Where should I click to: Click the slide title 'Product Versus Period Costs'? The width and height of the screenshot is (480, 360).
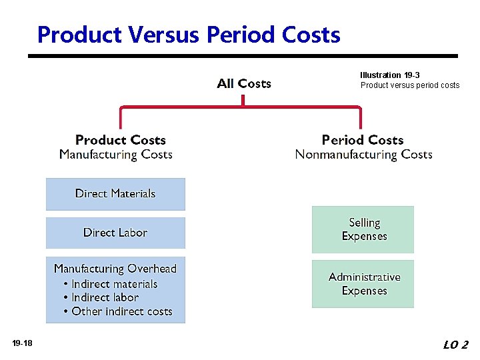189,34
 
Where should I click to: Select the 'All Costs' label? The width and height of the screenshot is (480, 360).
244,83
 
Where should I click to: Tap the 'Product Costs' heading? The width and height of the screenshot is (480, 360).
121,140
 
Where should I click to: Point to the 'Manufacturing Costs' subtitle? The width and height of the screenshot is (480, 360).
116,155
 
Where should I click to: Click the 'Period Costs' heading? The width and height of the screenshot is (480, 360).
363,140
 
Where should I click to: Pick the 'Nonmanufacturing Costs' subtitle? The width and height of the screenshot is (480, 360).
364,155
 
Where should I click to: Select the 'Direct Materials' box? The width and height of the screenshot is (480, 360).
115,194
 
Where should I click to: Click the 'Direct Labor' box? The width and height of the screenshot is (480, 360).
115,233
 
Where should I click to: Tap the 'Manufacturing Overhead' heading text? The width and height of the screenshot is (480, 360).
115,269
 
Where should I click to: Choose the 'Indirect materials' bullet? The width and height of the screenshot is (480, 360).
114,284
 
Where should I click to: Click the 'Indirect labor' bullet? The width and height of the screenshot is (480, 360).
105,297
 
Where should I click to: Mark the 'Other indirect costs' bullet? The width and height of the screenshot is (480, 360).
121,311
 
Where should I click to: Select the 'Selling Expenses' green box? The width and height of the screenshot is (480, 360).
363,229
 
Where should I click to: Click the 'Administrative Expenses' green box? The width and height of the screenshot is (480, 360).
363,284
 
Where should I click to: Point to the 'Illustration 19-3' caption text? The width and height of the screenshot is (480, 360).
390,75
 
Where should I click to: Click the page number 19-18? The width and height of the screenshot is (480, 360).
22,343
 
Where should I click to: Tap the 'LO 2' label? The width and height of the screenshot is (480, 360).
455,345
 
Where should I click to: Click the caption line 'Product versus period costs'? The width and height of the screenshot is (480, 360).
410,85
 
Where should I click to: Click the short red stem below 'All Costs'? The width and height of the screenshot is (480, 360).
243,99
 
